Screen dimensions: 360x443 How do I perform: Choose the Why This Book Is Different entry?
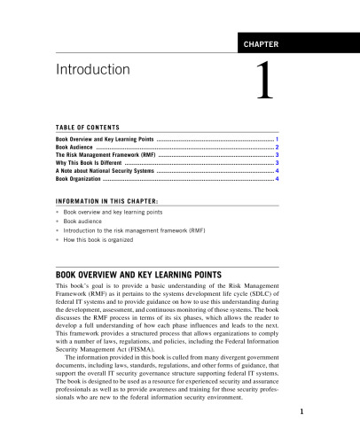90,163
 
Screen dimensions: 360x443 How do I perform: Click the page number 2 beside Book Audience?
278,147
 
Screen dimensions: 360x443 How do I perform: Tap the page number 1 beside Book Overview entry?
278,139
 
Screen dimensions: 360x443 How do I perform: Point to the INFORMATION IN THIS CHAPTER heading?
103,200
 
